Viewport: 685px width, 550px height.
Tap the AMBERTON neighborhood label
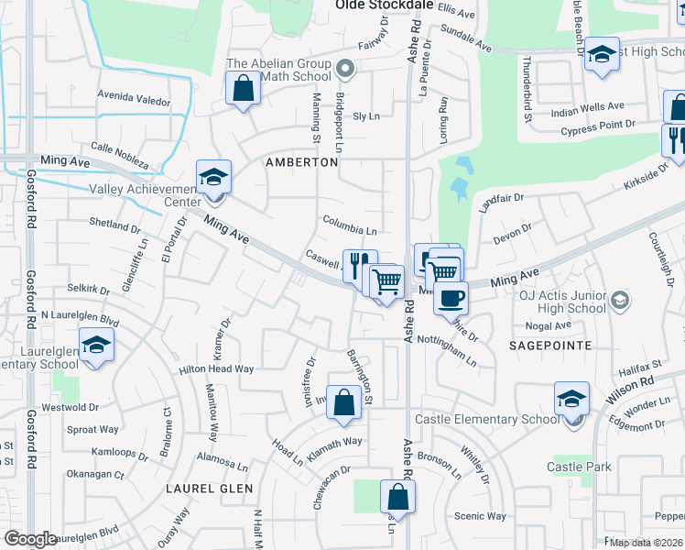pyautogui.click(x=301, y=162)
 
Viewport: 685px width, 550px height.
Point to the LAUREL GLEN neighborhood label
pyautogui.click(x=209, y=489)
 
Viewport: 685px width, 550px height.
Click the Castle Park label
pyautogui.click(x=579, y=467)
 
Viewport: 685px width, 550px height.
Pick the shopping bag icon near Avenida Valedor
pyautogui.click(x=243, y=90)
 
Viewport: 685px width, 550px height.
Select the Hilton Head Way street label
pyautogui.click(x=216, y=368)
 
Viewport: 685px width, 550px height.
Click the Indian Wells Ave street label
pyautogui.click(x=587, y=107)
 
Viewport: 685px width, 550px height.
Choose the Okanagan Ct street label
pyautogui.click(x=94, y=475)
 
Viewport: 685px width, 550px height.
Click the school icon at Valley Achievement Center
pyautogui.click(x=214, y=177)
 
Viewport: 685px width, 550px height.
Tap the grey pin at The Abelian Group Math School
pyautogui.click(x=345, y=67)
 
